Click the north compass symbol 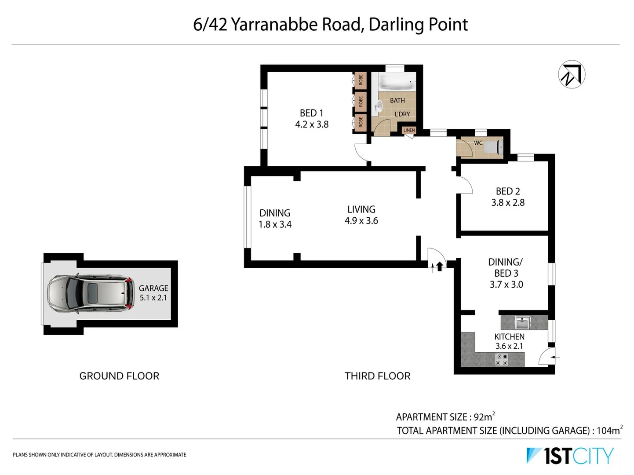[x=572, y=74]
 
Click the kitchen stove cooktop [x=502, y=360]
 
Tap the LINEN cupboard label [x=409, y=130]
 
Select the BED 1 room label [x=311, y=113]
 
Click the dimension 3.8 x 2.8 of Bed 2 [x=508, y=203]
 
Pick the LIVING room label [x=361, y=209]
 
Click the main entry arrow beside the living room [x=439, y=266]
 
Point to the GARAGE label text [x=153, y=288]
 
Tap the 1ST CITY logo [x=570, y=456]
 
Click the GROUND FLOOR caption [x=119, y=376]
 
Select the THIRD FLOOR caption [x=377, y=376]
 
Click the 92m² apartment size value [x=484, y=417]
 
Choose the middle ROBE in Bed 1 [x=361, y=102]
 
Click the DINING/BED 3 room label [x=506, y=267]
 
